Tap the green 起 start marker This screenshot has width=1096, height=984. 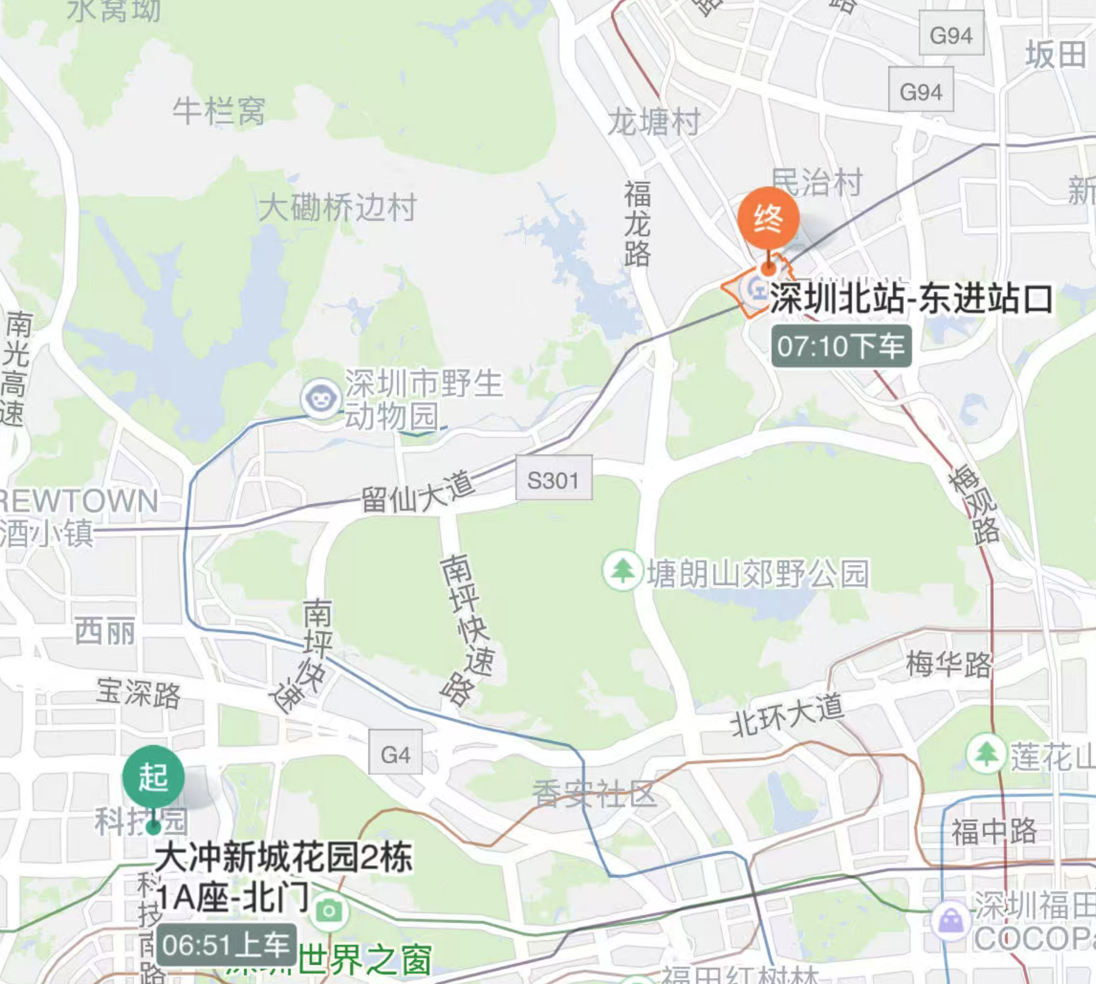pos(154,776)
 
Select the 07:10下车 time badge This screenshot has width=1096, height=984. pos(841,346)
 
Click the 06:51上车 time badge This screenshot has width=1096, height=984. pos(226,944)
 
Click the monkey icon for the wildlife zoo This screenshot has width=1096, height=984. pos(320,399)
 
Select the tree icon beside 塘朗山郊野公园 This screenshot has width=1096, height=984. pos(622,571)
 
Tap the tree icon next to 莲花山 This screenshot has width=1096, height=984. pos(985,753)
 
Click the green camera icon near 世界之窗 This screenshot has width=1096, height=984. pos(329,911)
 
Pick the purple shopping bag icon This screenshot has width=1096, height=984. pos(951,920)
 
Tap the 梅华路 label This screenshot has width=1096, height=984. pos(948,665)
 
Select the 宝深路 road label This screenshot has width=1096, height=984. pos(138,693)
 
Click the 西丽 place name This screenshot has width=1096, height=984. pos(105,632)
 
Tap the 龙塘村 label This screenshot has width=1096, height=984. pos(654,122)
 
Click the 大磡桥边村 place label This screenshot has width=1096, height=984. pos(338,208)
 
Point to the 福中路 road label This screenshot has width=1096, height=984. pos(994,831)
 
